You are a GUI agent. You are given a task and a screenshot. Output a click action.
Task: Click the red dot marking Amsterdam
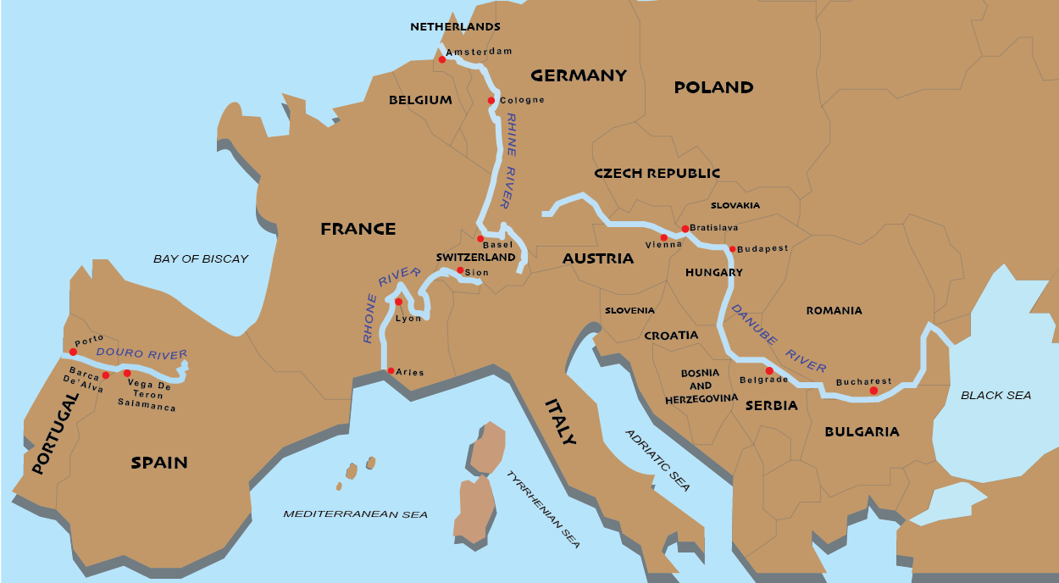tap(441, 59)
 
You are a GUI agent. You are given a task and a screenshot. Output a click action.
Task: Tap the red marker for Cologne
tap(491, 101)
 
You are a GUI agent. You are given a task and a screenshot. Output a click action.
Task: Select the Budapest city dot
tap(731, 249)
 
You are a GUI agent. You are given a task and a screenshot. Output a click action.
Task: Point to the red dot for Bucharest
tap(873, 391)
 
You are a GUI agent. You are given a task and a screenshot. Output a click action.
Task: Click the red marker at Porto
tap(73, 352)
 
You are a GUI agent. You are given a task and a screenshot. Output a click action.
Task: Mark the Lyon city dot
tap(398, 302)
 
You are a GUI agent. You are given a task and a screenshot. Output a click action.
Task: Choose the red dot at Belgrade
tap(769, 370)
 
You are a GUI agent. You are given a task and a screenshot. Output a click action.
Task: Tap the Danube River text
tap(779, 337)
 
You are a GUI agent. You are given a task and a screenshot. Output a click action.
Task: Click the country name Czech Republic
tap(657, 173)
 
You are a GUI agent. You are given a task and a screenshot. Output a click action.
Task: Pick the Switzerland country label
tap(475, 257)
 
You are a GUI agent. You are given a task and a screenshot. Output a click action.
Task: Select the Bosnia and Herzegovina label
tap(701, 386)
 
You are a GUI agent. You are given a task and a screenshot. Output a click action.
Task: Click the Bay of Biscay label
tap(201, 258)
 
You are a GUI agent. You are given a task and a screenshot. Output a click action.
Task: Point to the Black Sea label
tap(995, 395)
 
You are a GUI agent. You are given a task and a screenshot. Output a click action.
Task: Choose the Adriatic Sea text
tap(657, 460)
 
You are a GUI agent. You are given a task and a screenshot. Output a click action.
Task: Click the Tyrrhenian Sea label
tap(543, 509)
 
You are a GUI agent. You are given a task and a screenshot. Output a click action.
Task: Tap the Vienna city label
tap(663, 245)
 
